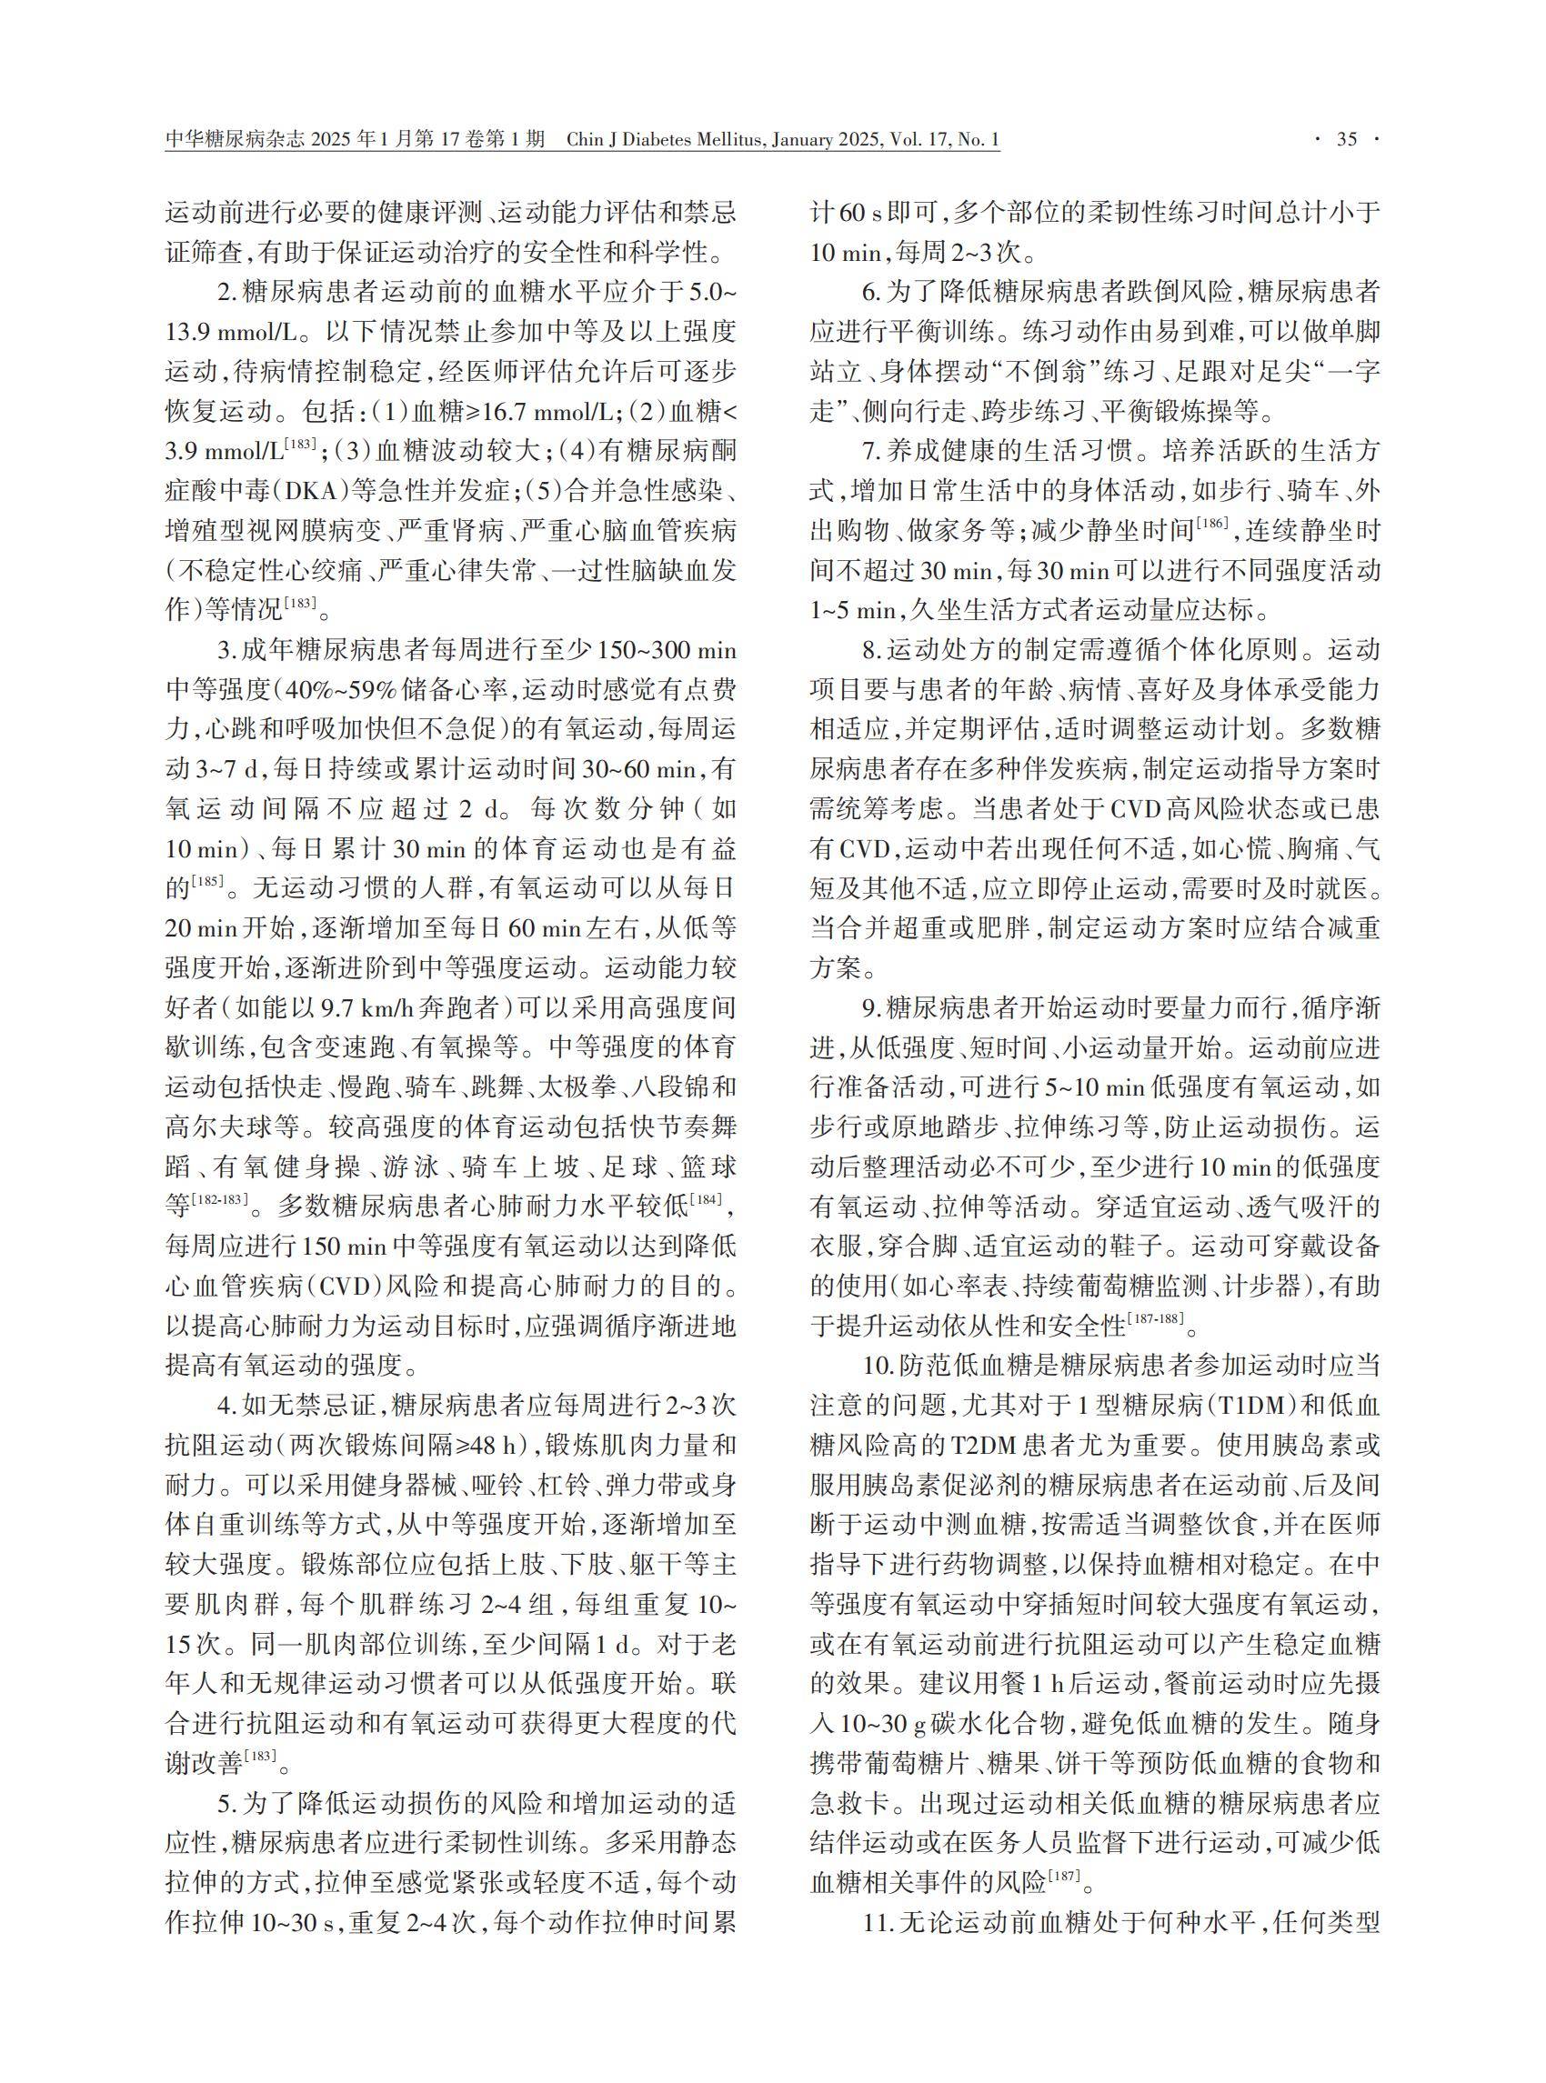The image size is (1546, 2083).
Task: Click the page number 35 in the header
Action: [1346, 140]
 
